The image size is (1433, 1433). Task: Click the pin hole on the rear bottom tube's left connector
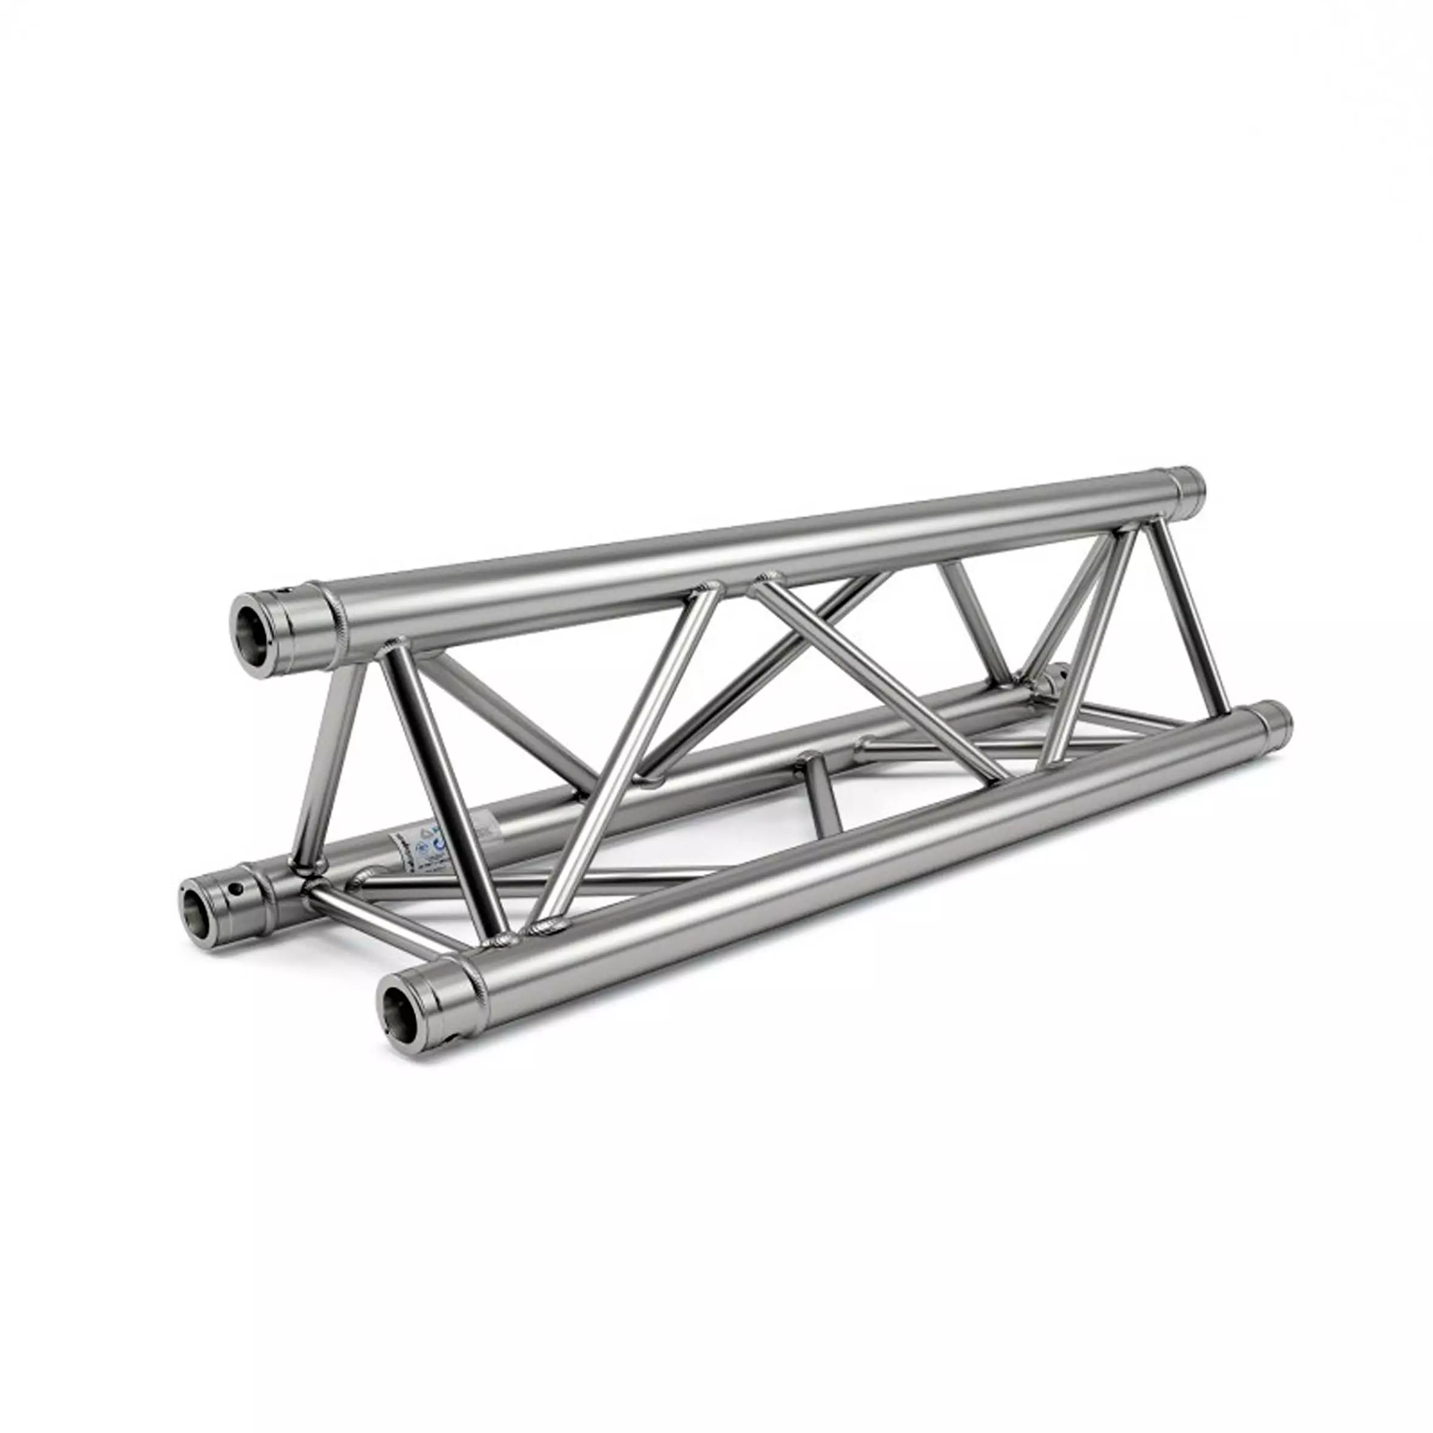[x=237, y=887]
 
